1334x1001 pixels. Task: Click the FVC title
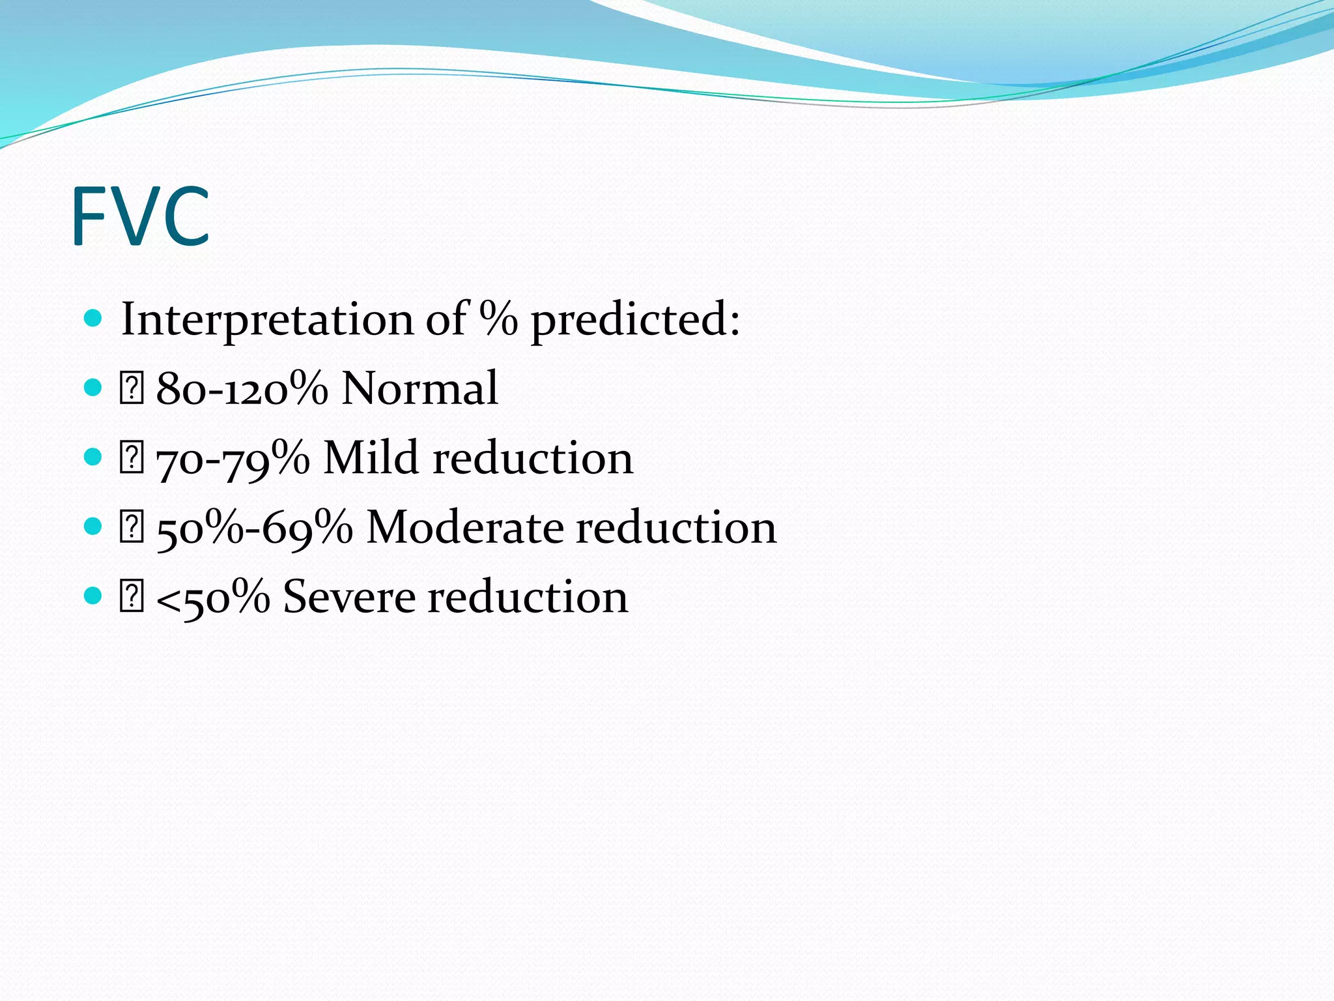140,216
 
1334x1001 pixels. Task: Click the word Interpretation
267,319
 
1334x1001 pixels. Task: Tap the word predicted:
635,321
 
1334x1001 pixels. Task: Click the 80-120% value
242,389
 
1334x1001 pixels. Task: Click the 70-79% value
233,459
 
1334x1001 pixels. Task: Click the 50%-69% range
254,528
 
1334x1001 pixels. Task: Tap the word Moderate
464,527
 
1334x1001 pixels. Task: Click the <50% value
213,597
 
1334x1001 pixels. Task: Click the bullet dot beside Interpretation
94,318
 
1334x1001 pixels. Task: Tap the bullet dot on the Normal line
94,388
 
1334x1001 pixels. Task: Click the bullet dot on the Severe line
94,595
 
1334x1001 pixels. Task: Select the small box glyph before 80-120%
131,389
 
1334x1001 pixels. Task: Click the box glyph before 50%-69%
131,527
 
